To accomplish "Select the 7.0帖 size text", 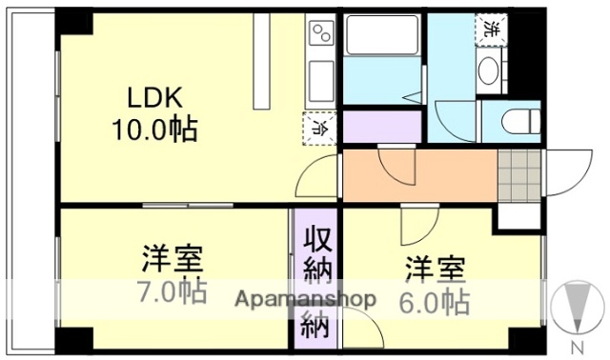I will [172, 290].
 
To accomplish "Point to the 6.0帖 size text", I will [434, 302].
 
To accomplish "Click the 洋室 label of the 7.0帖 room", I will [172, 259].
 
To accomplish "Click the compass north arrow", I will [577, 308].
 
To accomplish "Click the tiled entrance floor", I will [519, 172].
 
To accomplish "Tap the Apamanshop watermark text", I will [305, 298].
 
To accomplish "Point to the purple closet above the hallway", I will [381, 126].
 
